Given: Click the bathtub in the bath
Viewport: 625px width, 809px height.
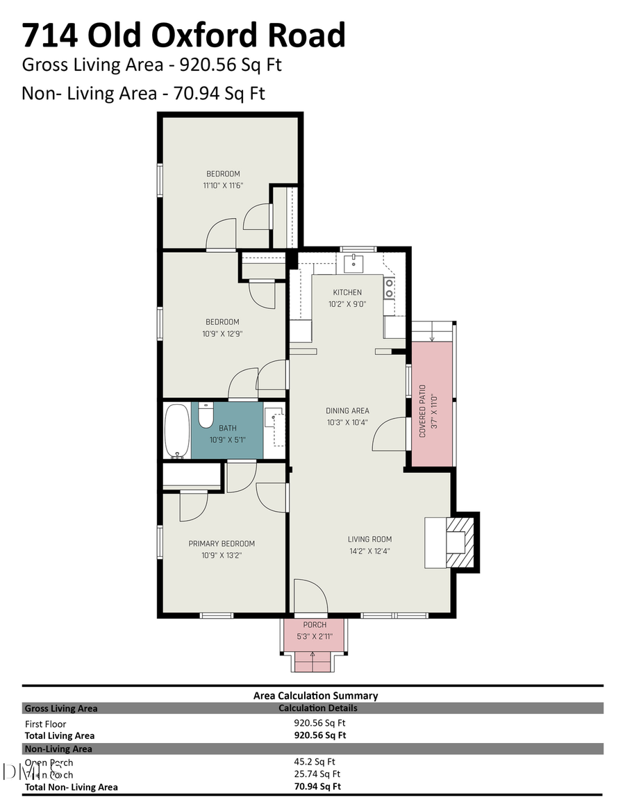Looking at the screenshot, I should click(178, 431).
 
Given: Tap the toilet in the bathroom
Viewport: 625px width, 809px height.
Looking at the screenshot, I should click(206, 417).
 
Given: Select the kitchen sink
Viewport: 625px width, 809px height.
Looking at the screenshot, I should click(353, 263).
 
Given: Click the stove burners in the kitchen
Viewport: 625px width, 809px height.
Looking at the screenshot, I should click(390, 288).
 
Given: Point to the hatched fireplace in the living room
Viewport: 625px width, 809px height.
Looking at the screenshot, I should click(459, 541).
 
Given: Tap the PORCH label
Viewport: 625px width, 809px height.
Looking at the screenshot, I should click(315, 625).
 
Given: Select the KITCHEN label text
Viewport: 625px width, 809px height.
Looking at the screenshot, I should click(347, 292).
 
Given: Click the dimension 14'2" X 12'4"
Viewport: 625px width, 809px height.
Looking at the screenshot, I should click(370, 551).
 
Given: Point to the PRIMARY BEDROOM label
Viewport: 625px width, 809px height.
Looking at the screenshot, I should click(222, 544).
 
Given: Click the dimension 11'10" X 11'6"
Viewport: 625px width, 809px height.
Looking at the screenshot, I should click(223, 185).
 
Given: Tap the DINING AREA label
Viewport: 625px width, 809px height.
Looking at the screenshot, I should click(347, 410).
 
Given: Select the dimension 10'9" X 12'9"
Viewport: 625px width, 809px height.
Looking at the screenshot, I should click(222, 333).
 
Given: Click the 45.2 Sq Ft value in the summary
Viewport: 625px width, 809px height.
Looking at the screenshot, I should click(315, 762).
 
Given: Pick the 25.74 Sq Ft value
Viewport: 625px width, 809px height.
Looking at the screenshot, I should click(317, 774).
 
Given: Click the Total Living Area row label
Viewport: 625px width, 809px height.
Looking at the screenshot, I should click(60, 735).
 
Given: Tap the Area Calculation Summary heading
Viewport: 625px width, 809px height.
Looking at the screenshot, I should click(315, 695).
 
